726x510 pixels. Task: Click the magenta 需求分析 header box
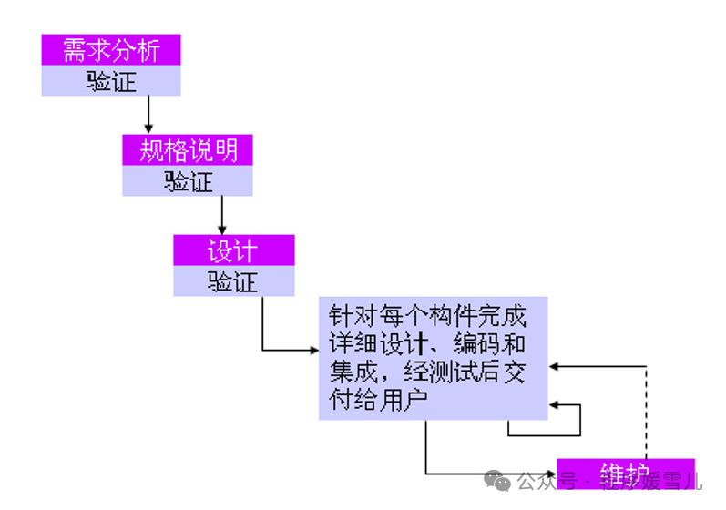pyautogui.click(x=111, y=50)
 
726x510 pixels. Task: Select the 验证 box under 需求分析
pyautogui.click(x=111, y=81)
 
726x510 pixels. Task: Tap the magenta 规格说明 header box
pyautogui.click(x=188, y=150)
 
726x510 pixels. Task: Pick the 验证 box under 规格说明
pyautogui.click(x=188, y=181)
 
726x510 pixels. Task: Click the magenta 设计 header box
pyautogui.click(x=234, y=250)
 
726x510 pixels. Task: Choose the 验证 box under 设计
pyautogui.click(x=234, y=281)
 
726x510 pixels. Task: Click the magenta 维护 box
pyautogui.click(x=626, y=473)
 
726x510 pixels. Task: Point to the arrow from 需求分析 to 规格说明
pyautogui.click(x=148, y=115)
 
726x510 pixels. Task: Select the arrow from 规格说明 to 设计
pyautogui.click(x=221, y=215)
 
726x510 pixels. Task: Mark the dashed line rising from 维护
pyautogui.click(x=646, y=410)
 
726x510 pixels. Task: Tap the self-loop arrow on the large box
pyautogui.click(x=579, y=420)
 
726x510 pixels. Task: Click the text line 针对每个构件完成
pyautogui.click(x=427, y=318)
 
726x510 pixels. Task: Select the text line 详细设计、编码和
pyautogui.click(x=427, y=345)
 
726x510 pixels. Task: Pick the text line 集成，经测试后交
pyautogui.click(x=427, y=372)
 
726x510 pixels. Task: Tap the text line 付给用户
pyautogui.click(x=380, y=400)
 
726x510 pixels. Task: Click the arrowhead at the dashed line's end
pyautogui.click(x=554, y=365)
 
